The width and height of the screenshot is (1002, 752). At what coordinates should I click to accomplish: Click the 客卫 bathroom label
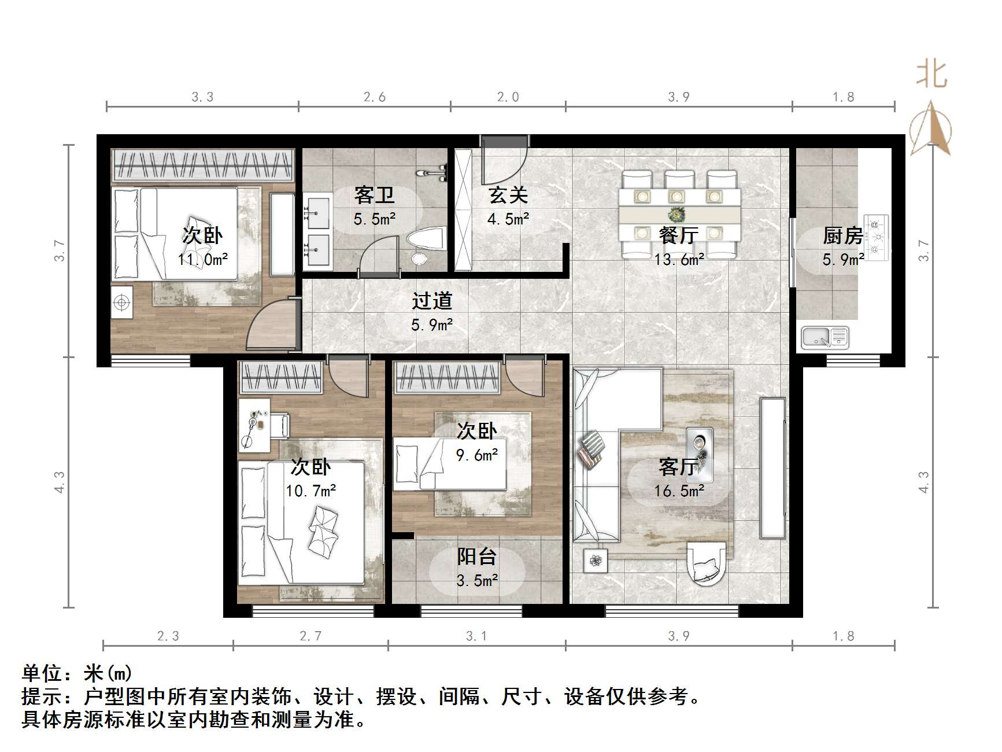click(375, 196)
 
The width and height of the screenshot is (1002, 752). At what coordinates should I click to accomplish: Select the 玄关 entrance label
click(508, 196)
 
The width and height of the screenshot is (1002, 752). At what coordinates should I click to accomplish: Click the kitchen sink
click(825, 337)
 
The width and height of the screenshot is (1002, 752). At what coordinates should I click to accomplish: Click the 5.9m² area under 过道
click(432, 325)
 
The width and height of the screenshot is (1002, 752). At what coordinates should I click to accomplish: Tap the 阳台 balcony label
click(477, 557)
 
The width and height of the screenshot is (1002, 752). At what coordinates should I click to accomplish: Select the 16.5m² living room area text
click(679, 491)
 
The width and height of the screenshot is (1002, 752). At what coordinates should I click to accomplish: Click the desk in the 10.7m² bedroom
click(254, 425)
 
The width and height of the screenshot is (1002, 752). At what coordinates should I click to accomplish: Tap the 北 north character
click(931, 75)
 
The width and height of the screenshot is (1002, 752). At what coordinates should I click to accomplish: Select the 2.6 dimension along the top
click(375, 97)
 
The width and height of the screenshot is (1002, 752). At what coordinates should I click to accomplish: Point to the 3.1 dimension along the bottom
click(476, 636)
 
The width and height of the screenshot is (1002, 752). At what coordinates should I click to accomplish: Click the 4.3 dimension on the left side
click(59, 482)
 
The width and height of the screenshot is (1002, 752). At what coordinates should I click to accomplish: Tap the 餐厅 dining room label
click(679, 235)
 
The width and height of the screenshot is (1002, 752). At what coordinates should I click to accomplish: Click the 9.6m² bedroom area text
click(477, 455)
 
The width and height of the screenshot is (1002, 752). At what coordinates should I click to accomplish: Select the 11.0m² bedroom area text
click(202, 259)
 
